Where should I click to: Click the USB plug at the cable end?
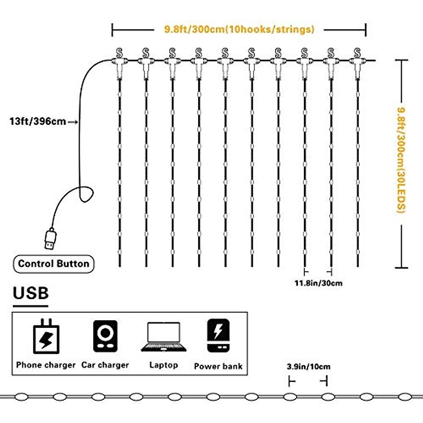(x=50, y=239)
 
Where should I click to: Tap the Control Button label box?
(x=54, y=264)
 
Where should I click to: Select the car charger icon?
(x=105, y=336)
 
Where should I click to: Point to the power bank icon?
(x=218, y=336)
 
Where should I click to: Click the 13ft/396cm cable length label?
(x=38, y=122)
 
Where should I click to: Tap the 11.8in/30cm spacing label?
(x=318, y=283)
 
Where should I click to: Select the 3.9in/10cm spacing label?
(x=308, y=367)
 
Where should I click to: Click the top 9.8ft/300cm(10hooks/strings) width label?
(x=239, y=29)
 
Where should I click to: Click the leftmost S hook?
(x=119, y=53)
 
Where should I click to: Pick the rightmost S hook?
(x=357, y=53)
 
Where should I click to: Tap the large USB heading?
(x=31, y=293)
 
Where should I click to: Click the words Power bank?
(x=218, y=366)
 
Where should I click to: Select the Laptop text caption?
(x=164, y=365)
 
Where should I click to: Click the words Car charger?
(x=105, y=365)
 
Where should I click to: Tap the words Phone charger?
(x=46, y=365)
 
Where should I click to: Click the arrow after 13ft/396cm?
(x=73, y=122)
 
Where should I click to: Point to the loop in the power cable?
(x=86, y=194)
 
